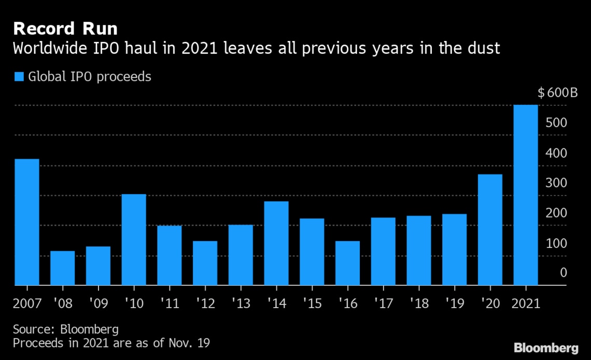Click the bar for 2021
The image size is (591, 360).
(525, 195)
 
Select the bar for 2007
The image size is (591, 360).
(27, 222)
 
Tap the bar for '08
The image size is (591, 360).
(63, 268)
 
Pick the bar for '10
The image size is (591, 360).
(134, 240)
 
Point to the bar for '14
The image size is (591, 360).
(276, 243)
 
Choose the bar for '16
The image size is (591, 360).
(347, 263)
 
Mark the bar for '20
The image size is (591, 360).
(490, 230)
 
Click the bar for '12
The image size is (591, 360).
(205, 263)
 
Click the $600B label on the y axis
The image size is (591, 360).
(557, 93)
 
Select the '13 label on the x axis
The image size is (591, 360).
(241, 303)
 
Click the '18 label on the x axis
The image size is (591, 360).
(418, 303)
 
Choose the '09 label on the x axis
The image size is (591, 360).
(98, 303)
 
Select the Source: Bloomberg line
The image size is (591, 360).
(65, 329)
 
